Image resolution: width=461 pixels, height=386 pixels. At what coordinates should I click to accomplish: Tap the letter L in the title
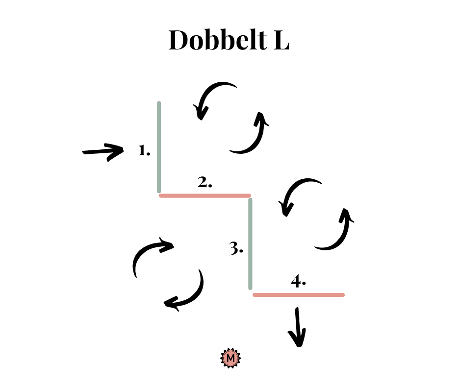pyautogui.click(x=282, y=40)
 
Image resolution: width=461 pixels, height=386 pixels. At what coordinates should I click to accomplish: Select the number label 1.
pyautogui.click(x=144, y=150)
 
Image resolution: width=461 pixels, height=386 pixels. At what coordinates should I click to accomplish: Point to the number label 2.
pyautogui.click(x=205, y=182)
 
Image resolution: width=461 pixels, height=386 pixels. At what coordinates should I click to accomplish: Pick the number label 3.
pyautogui.click(x=236, y=248)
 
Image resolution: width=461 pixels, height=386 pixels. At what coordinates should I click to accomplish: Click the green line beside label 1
pyautogui.click(x=159, y=147)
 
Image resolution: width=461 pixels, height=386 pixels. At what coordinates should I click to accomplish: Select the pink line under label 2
pyautogui.click(x=205, y=195)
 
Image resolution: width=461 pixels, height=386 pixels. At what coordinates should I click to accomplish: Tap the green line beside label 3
pyautogui.click(x=250, y=244)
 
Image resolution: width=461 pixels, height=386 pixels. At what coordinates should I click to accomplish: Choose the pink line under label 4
pyautogui.click(x=298, y=295)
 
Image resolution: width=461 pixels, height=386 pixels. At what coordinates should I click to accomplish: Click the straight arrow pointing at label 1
pyautogui.click(x=102, y=152)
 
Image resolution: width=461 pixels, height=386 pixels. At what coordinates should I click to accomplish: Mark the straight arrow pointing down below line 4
pyautogui.click(x=298, y=327)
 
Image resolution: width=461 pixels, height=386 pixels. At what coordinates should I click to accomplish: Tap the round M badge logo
pyautogui.click(x=231, y=358)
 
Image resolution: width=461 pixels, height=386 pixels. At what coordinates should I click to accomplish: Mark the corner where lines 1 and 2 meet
pyautogui.click(x=159, y=195)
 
